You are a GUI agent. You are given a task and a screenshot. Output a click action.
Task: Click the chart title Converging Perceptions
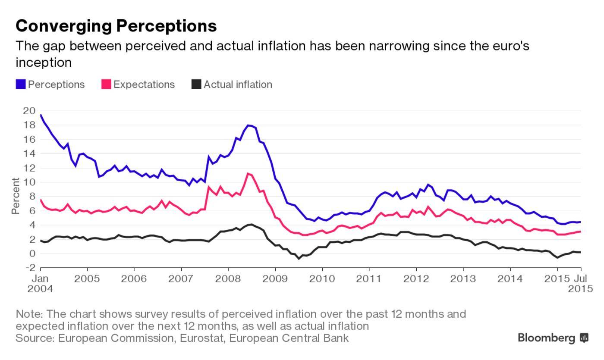pyautogui.click(x=116, y=26)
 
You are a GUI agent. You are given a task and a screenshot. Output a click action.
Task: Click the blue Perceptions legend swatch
pyautogui.click(x=21, y=85)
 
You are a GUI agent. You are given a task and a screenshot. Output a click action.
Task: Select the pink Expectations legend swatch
pyautogui.click(x=106, y=85)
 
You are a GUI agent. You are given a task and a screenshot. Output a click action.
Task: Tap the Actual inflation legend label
pyautogui.click(x=238, y=85)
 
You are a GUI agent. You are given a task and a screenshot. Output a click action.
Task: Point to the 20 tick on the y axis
pyautogui.click(x=29, y=111)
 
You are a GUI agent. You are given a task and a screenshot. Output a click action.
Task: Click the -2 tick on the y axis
pyautogui.click(x=30, y=268)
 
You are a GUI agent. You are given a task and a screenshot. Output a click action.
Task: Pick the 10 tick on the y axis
pyautogui.click(x=29, y=182)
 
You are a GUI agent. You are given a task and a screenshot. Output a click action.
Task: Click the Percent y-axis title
pyautogui.click(x=16, y=196)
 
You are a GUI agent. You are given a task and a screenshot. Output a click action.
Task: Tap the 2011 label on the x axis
pyautogui.click(x=369, y=279)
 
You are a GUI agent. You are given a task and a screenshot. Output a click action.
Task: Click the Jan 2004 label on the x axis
pyautogui.click(x=40, y=283)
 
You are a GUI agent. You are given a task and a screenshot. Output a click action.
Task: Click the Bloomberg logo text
pyautogui.click(x=547, y=338)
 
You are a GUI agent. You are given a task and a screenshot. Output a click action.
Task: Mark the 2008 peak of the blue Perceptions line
pyautogui.click(x=248, y=125)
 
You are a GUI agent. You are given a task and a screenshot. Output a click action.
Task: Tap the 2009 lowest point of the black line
pyautogui.click(x=298, y=259)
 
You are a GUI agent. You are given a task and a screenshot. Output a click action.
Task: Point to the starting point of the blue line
pyautogui.click(x=41, y=115)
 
